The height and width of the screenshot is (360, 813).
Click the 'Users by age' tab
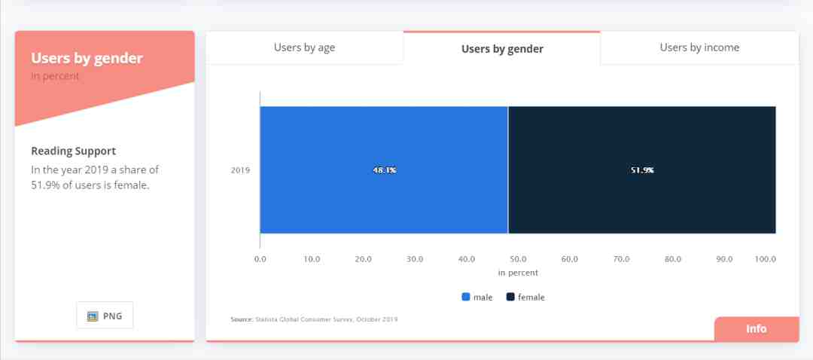point(304,47)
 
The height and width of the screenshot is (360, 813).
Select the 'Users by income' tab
point(699,47)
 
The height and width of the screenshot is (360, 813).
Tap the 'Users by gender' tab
point(502,48)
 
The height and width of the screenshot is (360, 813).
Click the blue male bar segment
point(384,169)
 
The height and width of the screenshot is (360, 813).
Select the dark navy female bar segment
point(642,169)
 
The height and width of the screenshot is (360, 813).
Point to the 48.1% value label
point(384,170)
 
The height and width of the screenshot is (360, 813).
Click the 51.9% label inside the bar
point(642,170)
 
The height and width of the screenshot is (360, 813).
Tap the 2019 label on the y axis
point(240,170)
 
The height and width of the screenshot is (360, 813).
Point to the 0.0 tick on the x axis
point(260,259)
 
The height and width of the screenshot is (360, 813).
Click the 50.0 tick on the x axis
point(518,259)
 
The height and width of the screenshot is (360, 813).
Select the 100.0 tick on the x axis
point(766,259)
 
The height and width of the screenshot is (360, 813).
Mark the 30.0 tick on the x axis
point(415,259)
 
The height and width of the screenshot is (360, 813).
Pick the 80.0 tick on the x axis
point(673,259)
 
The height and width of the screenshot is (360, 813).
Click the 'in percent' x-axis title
point(518,273)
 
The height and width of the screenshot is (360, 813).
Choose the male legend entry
point(477,297)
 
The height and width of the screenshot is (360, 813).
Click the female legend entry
point(525,297)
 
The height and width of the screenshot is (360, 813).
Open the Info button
point(757,329)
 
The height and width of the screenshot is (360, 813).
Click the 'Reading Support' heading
point(74,151)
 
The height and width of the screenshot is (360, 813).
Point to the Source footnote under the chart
point(314,319)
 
